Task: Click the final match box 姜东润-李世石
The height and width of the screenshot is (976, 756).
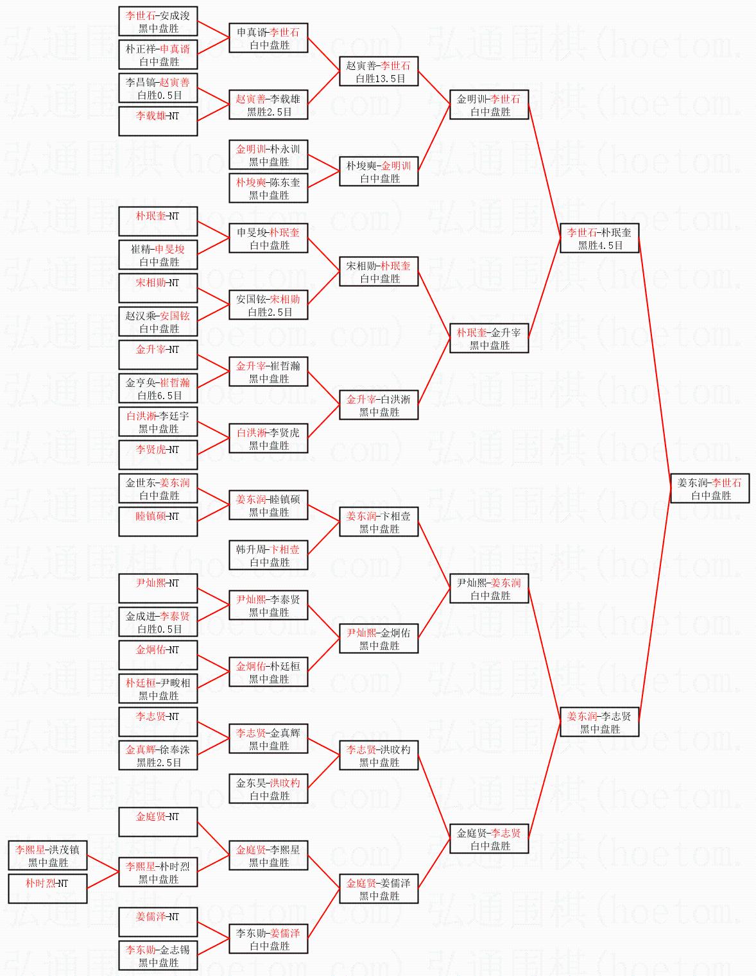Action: pos(709,488)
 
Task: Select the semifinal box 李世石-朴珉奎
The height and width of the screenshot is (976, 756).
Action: pos(599,238)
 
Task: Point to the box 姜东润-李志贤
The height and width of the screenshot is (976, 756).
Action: pos(599,722)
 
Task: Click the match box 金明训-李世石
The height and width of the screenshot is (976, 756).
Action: pos(489,105)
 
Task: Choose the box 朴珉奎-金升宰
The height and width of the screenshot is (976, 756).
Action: pos(489,338)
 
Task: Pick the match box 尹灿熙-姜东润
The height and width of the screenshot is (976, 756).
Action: pos(489,588)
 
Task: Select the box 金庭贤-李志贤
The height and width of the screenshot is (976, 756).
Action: pos(489,839)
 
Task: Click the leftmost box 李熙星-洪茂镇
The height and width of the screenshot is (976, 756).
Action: pos(47,855)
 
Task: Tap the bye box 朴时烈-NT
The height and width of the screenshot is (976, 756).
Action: pos(47,889)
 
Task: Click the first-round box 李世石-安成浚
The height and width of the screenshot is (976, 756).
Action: pos(158,21)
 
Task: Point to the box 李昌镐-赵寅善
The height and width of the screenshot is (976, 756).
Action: pos(158,88)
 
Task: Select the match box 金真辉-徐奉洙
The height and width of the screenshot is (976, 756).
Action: pos(158,755)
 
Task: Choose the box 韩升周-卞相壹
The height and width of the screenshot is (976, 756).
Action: pos(268,555)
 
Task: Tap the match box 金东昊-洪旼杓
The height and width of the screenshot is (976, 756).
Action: pos(268,789)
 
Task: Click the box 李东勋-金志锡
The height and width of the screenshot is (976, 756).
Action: pos(158,955)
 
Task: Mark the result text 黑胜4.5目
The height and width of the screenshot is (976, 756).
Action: pos(600,245)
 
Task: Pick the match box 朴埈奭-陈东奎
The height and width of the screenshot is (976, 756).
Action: pos(268,188)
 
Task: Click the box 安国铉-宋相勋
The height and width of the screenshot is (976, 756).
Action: pos(268,305)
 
